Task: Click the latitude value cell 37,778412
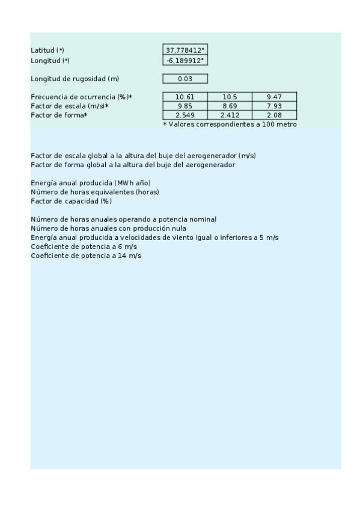(x=185, y=51)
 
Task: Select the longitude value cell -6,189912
(x=185, y=60)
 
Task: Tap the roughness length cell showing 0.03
(x=185, y=79)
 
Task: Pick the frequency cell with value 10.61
(x=185, y=97)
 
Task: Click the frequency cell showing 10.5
(x=230, y=97)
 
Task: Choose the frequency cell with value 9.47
(x=274, y=97)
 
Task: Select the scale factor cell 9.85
(x=185, y=106)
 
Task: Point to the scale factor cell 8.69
(x=230, y=106)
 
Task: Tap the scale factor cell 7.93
(x=274, y=106)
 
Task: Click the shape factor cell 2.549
(x=185, y=115)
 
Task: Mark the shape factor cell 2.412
(x=230, y=115)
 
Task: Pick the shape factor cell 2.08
(x=274, y=115)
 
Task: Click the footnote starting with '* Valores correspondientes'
(x=230, y=124)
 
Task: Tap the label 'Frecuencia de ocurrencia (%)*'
(x=81, y=97)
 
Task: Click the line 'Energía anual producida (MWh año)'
(x=90, y=183)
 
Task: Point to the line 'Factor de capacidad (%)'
(x=71, y=201)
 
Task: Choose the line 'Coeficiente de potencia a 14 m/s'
(x=86, y=256)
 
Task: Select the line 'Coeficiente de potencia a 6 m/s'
(x=84, y=247)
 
